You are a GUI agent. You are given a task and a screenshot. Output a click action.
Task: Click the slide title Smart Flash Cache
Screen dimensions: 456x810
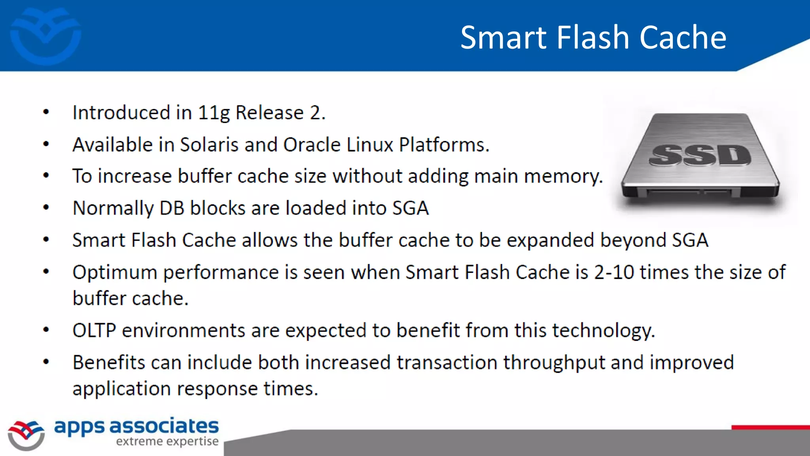(x=593, y=37)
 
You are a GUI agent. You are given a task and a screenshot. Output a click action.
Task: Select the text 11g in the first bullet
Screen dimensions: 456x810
(x=214, y=113)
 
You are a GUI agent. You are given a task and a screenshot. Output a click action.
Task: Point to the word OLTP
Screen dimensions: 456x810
(x=94, y=331)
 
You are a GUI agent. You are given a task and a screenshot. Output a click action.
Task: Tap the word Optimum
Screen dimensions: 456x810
(x=115, y=273)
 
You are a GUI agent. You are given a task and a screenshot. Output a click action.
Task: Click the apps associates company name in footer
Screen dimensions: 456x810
(x=136, y=426)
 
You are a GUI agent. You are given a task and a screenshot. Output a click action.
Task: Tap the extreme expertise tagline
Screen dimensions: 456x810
(x=167, y=441)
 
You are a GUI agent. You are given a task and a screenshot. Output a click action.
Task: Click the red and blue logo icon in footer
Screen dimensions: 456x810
(x=26, y=435)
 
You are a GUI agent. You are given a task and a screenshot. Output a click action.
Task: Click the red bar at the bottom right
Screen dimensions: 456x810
(x=770, y=427)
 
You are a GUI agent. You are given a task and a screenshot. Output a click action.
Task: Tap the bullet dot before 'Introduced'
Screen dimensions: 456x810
(x=46, y=112)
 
